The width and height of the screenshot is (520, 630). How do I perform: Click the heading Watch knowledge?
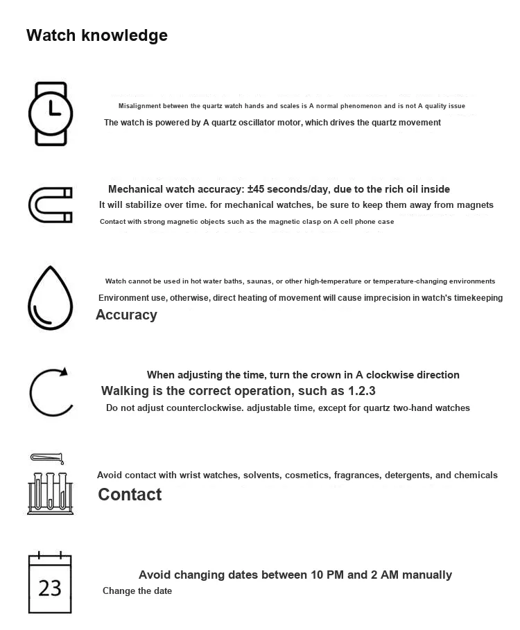[x=96, y=35]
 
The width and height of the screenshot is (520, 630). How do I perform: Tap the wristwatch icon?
[x=50, y=114]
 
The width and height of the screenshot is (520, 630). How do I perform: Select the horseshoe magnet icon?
[x=50, y=205]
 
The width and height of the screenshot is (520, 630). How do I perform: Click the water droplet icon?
[x=50, y=297]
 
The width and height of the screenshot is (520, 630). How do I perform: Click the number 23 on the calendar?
[x=50, y=588]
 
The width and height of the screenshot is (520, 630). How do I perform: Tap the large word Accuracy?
[x=126, y=315]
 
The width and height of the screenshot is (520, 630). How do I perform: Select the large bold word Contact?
[x=130, y=494]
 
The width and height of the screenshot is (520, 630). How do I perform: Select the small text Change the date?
[x=137, y=591]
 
